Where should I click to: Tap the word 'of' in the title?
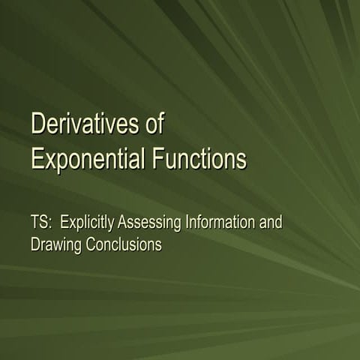pyautogui.click(x=154, y=124)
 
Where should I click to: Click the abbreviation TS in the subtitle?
pyautogui.click(x=39, y=222)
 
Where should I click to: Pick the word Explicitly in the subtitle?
pyautogui.click(x=86, y=223)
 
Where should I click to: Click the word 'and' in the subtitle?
pyautogui.click(x=271, y=222)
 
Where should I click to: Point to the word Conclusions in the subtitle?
pyautogui.click(x=121, y=244)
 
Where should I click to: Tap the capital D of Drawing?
pyautogui.click(x=35, y=244)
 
